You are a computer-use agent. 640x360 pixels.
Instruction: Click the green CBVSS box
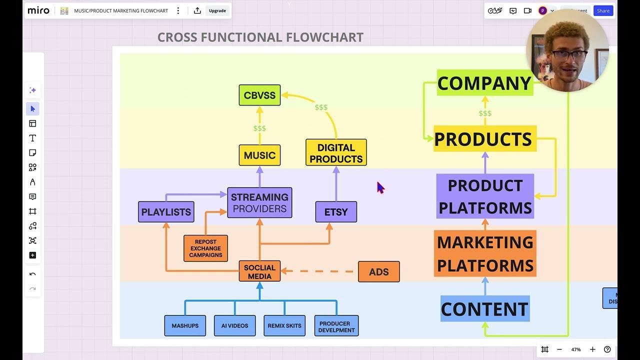(x=259, y=95)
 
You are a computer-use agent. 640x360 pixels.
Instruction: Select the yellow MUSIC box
(x=259, y=155)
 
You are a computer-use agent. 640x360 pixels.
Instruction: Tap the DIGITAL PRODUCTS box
(x=336, y=152)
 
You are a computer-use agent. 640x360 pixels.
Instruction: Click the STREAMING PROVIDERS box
(x=259, y=202)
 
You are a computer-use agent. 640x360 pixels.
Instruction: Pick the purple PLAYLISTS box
(x=166, y=212)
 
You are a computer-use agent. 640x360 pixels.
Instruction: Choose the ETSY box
(x=336, y=212)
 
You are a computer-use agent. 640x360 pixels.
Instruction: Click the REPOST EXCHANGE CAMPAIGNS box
(x=205, y=248)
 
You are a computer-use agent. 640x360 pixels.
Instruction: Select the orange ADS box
(x=378, y=272)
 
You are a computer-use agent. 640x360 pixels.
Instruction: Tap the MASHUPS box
(x=185, y=325)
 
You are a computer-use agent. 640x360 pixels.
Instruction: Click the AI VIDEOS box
(x=234, y=325)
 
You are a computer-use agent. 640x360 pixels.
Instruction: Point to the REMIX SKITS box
(x=284, y=325)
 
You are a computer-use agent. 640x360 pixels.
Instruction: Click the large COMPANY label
(x=484, y=83)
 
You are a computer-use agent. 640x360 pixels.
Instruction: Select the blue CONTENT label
(x=484, y=309)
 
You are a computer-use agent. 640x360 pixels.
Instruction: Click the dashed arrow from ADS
(x=320, y=271)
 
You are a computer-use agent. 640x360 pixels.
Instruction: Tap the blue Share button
(x=603, y=10)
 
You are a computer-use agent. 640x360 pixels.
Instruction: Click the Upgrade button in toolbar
(x=217, y=10)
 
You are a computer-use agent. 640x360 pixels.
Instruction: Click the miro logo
(x=38, y=10)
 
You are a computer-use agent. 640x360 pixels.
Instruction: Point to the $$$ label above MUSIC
(x=259, y=128)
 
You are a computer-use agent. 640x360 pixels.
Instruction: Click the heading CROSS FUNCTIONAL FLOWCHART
(x=260, y=37)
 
